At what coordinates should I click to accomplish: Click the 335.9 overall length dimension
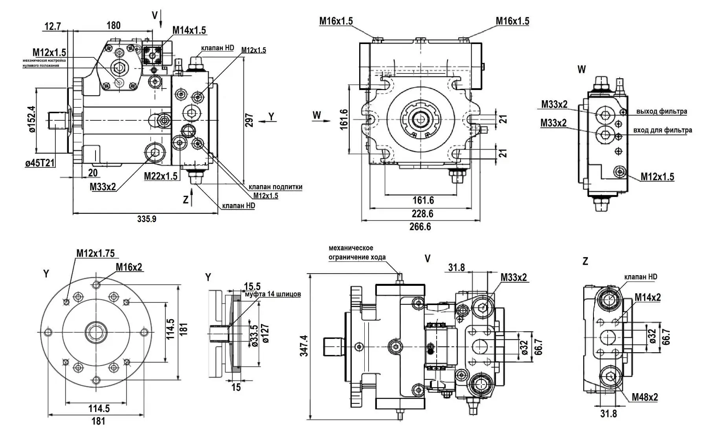click(x=147, y=219)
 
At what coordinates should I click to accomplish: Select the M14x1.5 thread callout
click(x=189, y=30)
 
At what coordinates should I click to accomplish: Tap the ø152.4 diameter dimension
click(x=32, y=119)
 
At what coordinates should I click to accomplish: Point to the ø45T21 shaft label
click(x=40, y=163)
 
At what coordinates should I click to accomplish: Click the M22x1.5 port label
click(x=161, y=176)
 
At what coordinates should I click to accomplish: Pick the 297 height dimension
click(x=249, y=120)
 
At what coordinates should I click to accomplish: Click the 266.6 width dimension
click(x=420, y=226)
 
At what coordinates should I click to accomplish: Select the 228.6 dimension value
click(x=422, y=213)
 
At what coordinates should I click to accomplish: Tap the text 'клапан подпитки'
click(x=275, y=187)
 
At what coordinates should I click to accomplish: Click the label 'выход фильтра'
click(x=662, y=111)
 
